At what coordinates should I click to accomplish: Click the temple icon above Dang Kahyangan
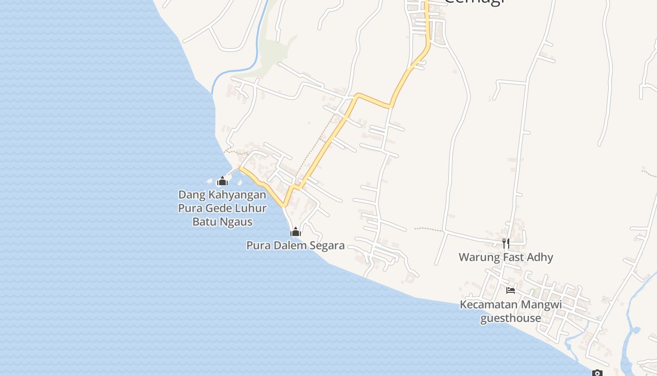coord(222,181)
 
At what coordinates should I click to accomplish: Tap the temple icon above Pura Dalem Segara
coord(296,232)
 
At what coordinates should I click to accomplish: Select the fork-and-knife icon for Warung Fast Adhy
coord(505,243)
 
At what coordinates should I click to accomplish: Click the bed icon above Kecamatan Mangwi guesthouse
coord(511,290)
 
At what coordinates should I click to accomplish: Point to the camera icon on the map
coord(597,373)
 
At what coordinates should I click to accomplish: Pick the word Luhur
coord(252,208)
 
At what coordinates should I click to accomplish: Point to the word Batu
coord(205,222)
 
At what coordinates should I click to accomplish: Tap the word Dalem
coord(289,245)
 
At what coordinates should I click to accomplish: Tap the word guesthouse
coord(511,318)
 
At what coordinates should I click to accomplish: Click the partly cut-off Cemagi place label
coord(474,2)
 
